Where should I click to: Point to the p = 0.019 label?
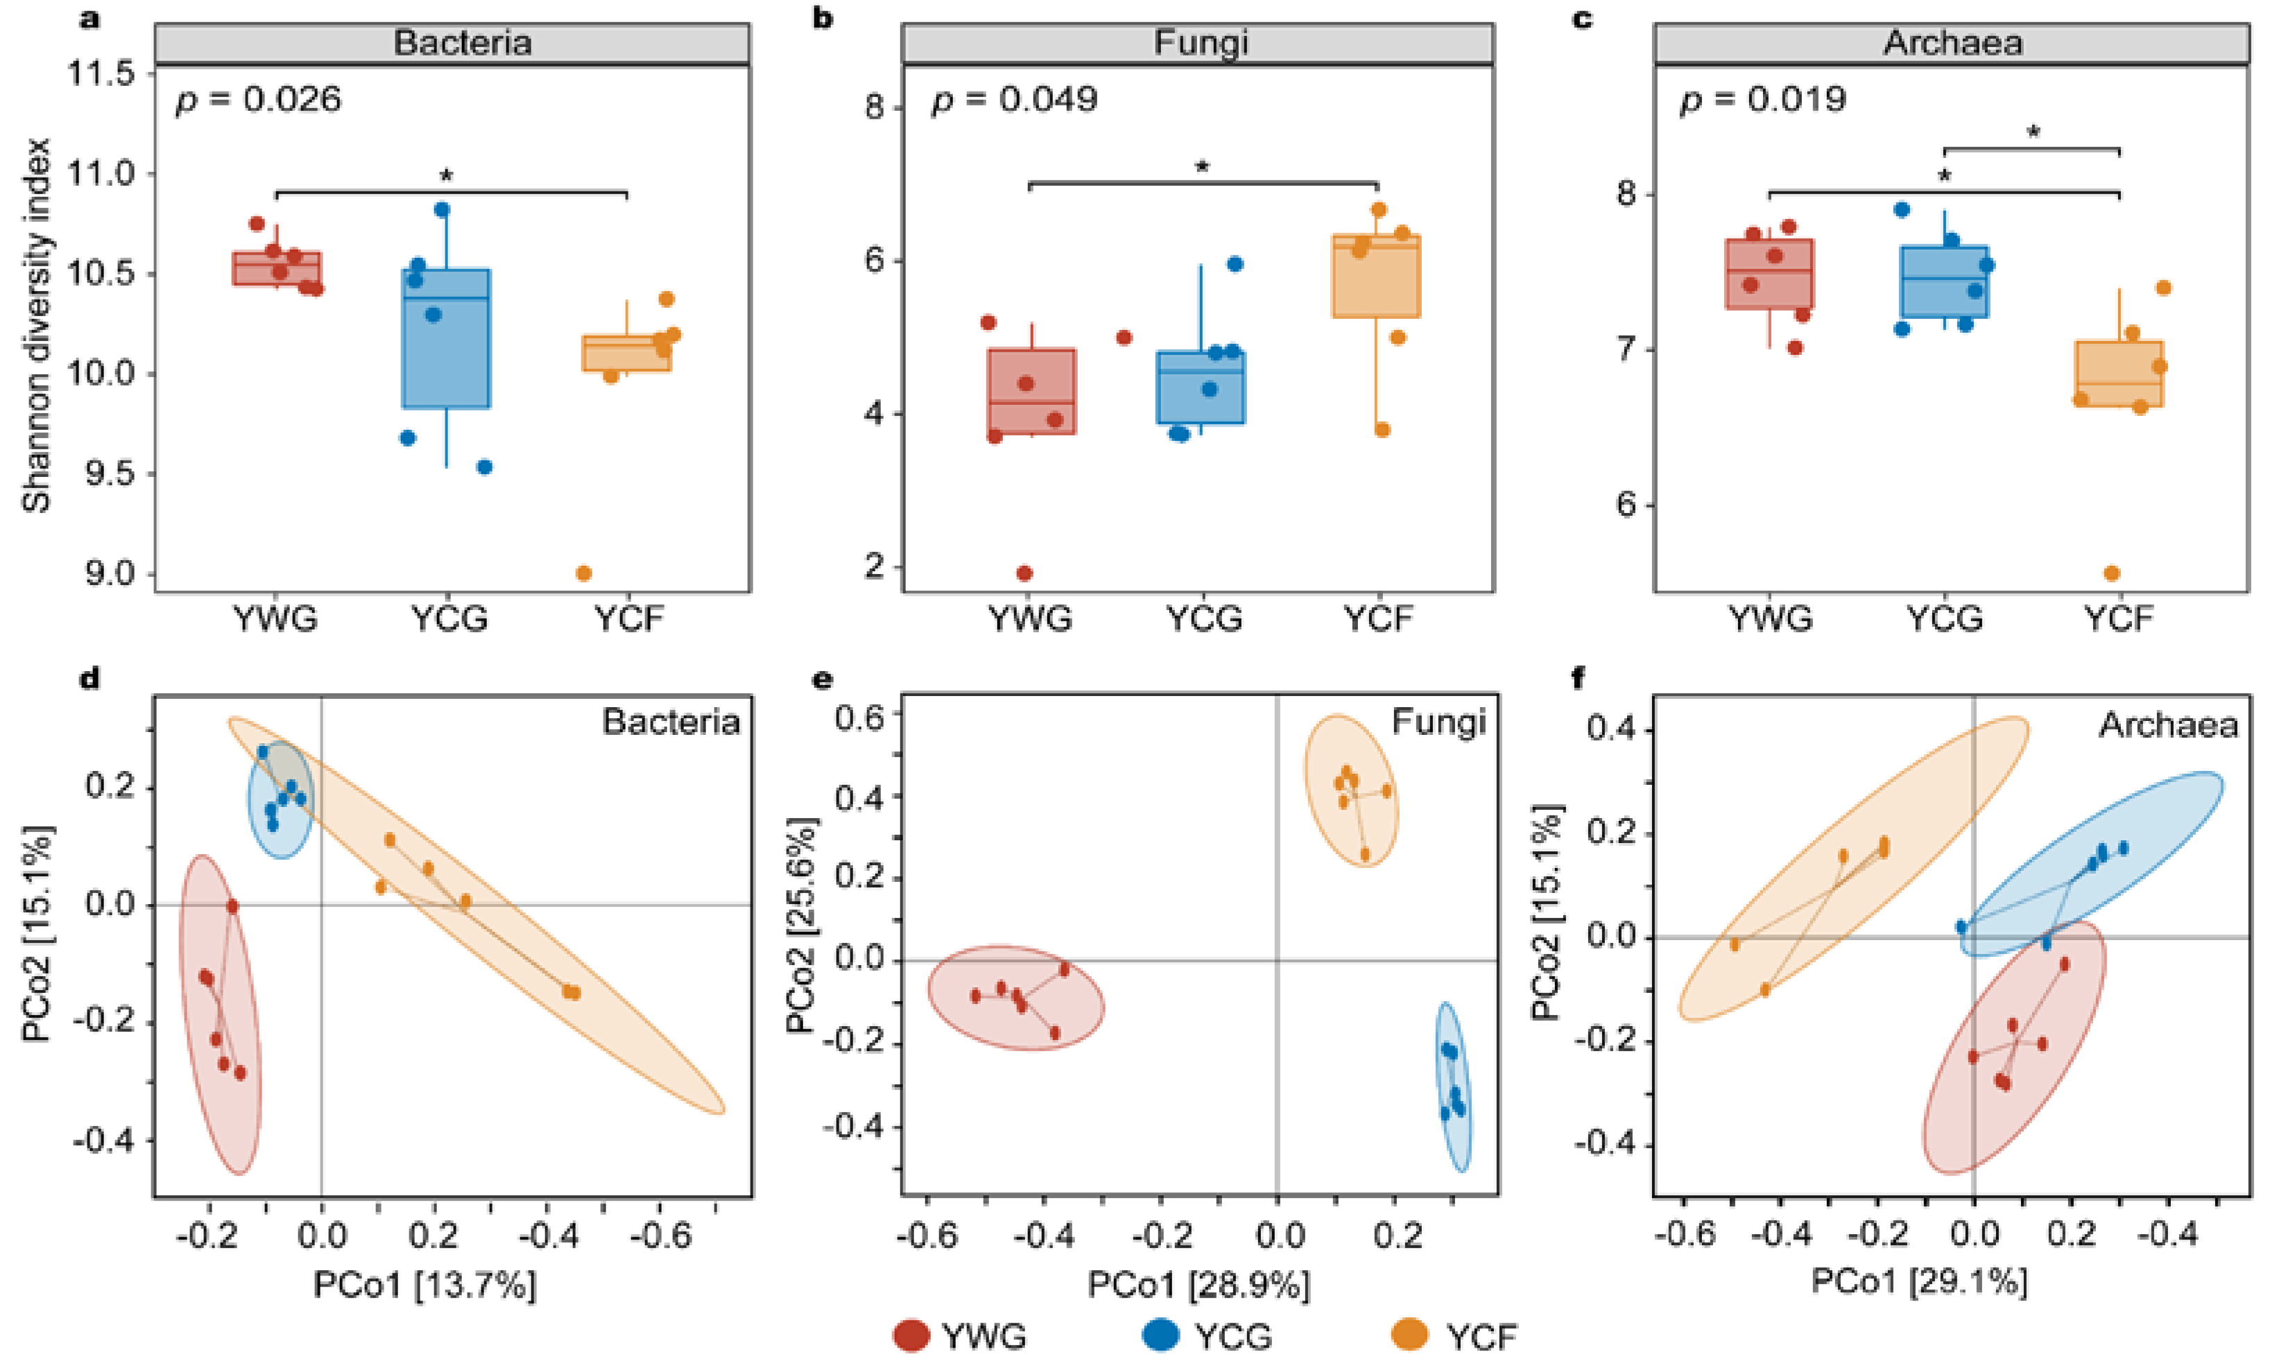click(x=1762, y=99)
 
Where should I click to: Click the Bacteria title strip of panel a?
click(x=452, y=43)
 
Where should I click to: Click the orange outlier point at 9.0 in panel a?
click(x=583, y=574)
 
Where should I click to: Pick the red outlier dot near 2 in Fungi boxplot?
click(x=1024, y=574)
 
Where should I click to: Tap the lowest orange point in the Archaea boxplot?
click(x=2112, y=574)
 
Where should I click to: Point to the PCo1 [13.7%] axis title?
click(x=424, y=1284)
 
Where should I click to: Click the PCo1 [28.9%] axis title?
click(x=1199, y=1284)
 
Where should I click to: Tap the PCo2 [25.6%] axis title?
click(x=801, y=925)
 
